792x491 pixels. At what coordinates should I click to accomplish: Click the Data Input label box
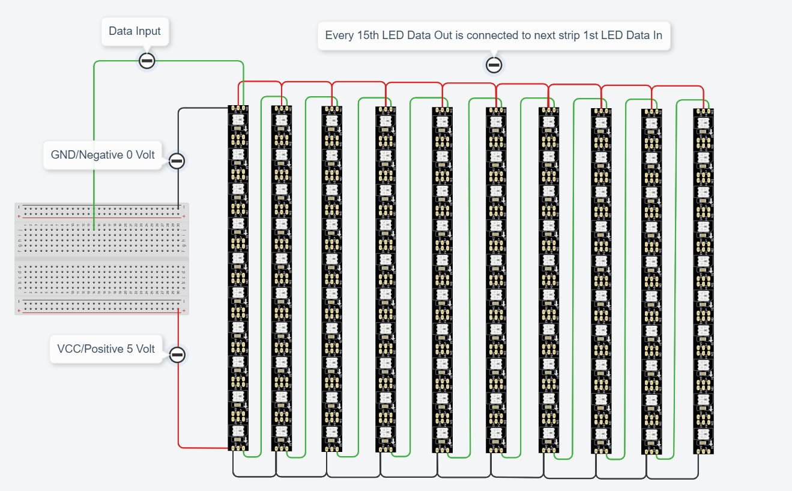coord(135,31)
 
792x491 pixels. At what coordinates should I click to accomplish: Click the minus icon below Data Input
coord(147,61)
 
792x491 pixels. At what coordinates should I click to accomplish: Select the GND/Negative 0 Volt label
coord(103,155)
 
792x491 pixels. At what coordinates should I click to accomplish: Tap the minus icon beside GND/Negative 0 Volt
coord(177,161)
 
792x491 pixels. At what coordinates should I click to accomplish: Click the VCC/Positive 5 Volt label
coord(106,349)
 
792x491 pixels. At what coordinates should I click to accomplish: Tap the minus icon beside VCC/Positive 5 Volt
coord(177,355)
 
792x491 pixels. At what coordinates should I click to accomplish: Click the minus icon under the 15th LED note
coord(494,65)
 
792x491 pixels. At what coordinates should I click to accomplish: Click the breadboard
coord(101,258)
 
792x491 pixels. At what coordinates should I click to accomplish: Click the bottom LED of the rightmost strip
coord(703,436)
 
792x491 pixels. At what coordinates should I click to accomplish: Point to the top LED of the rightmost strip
coord(703,123)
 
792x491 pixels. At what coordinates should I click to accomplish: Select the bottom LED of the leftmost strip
coord(238,432)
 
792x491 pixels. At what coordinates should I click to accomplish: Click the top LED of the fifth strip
coord(442,121)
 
